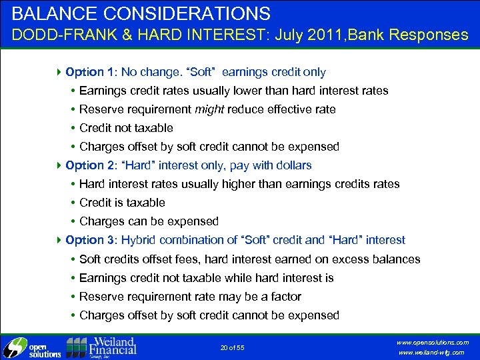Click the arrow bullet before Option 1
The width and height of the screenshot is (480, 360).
(x=61, y=71)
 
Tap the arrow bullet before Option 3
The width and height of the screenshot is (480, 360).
(x=61, y=239)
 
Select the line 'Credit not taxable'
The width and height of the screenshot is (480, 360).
(x=126, y=127)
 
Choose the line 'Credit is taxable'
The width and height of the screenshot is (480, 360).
(x=122, y=202)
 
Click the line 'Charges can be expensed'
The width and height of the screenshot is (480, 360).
(x=149, y=221)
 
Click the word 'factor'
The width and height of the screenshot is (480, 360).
(x=285, y=296)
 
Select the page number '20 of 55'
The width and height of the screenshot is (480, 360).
(x=232, y=347)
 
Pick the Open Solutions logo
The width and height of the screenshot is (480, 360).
(x=32, y=347)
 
